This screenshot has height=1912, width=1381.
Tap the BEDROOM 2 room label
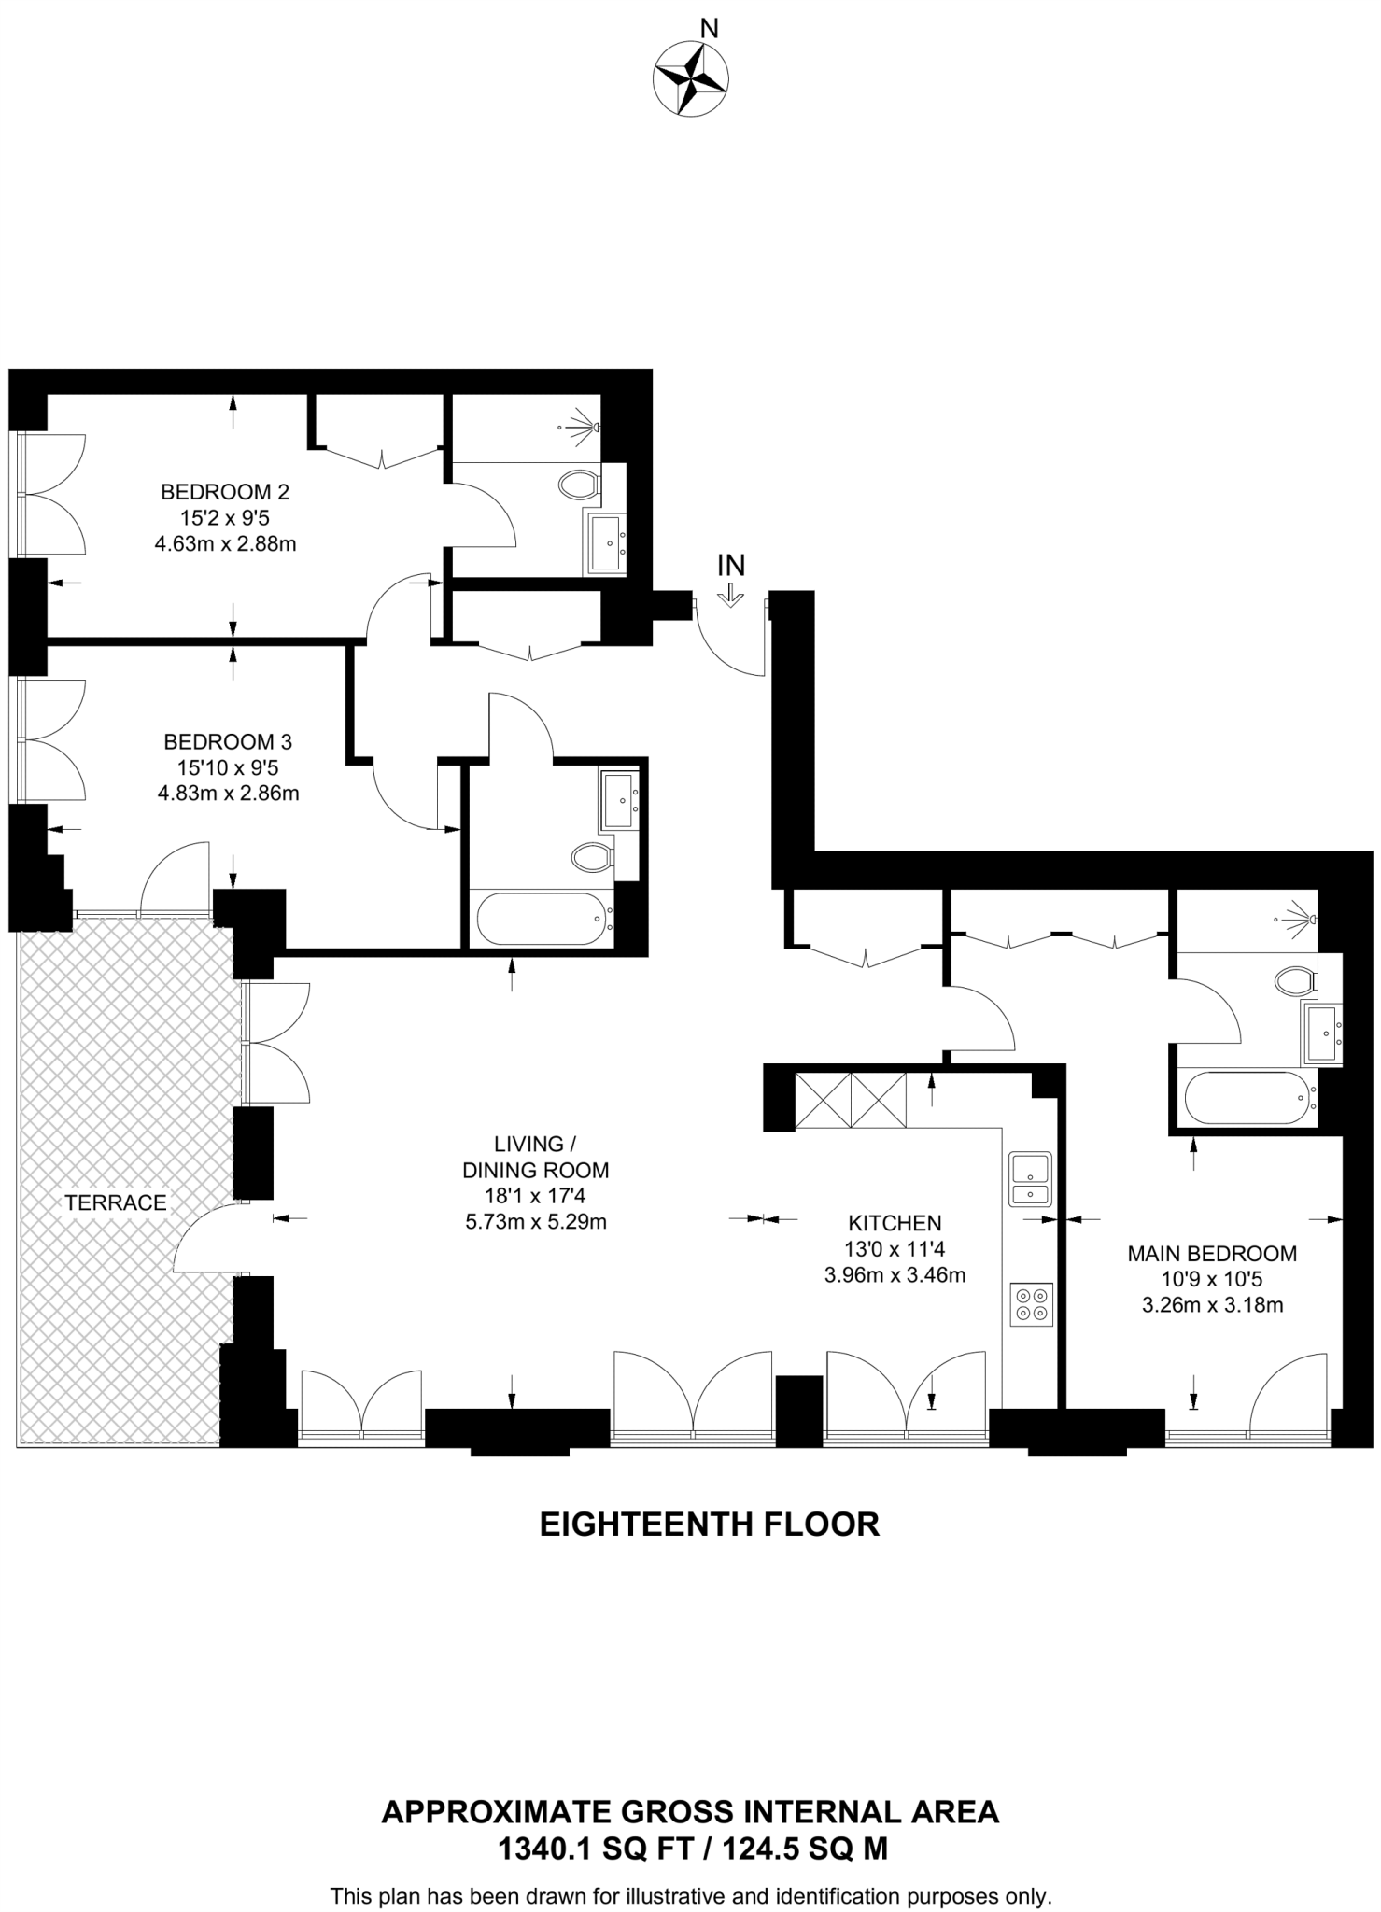225,491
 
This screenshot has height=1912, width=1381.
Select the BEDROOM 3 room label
228,741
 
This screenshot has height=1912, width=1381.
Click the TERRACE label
116,1202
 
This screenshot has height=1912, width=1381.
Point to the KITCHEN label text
895,1222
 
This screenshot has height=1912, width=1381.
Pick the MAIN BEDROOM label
1212,1253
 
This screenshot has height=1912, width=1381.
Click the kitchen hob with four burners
1031,1304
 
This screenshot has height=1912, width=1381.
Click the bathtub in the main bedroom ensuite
1247,1098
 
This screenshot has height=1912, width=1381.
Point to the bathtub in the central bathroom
543,920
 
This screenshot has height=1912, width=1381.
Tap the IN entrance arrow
731,596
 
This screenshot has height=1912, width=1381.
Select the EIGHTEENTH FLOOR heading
710,1525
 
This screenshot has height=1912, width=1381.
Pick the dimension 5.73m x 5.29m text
536,1221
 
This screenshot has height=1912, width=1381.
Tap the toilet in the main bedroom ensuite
1294,980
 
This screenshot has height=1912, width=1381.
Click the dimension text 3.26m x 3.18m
1212,1304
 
